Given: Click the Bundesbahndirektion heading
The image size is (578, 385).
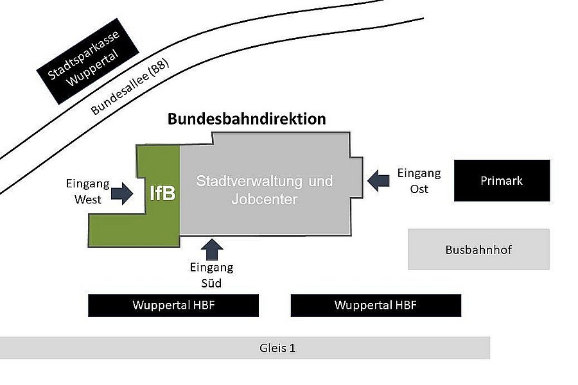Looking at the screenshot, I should click(247, 119).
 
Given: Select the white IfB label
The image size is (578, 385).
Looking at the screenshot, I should click(162, 193).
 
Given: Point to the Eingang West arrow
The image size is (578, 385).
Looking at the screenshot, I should click(121, 193).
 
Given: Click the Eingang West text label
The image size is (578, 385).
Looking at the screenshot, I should click(88, 191).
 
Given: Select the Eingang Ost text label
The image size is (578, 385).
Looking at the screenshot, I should click(419, 181).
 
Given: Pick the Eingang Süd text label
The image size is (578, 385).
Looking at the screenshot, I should click(211, 275).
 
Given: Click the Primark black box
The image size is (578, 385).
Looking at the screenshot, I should click(502, 180).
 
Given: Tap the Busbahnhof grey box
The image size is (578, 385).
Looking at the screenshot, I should click(478, 250).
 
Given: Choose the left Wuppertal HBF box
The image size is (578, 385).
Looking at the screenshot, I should click(173, 305).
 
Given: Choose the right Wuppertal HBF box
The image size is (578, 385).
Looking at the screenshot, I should click(376, 305).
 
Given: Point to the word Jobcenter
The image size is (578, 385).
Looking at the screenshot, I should click(264, 200).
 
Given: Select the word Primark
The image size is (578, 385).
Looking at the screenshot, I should click(502, 180).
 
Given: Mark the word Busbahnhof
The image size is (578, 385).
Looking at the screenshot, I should click(478, 250).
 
